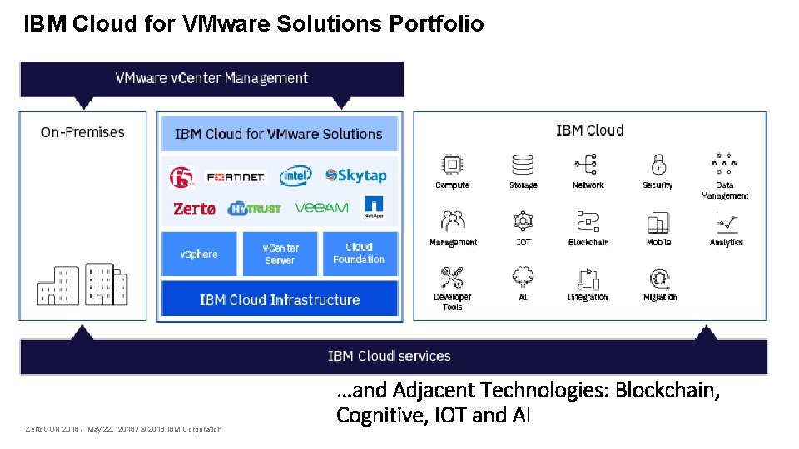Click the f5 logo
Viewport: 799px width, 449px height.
(181, 177)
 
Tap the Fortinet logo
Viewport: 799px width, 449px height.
(235, 177)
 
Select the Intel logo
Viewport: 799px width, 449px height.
(295, 175)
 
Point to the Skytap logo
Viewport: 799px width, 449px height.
(356, 175)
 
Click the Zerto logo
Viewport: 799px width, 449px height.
(194, 208)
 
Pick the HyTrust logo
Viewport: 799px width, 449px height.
(254, 208)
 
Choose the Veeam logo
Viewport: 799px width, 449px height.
(321, 207)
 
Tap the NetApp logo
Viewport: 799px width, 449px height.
(374, 206)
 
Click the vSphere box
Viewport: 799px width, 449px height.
(199, 254)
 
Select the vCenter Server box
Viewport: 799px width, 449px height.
(280, 254)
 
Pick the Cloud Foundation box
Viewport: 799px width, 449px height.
(359, 253)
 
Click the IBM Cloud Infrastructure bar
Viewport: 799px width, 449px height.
(280, 299)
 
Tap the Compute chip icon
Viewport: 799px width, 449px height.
(452, 164)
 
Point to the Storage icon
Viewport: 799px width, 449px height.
(523, 164)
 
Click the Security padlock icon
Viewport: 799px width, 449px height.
(658, 164)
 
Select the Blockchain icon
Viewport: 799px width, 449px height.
(588, 223)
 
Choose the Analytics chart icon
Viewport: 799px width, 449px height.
(726, 223)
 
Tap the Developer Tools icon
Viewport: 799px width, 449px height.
(452, 278)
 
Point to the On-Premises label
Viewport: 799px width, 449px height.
(82, 132)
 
